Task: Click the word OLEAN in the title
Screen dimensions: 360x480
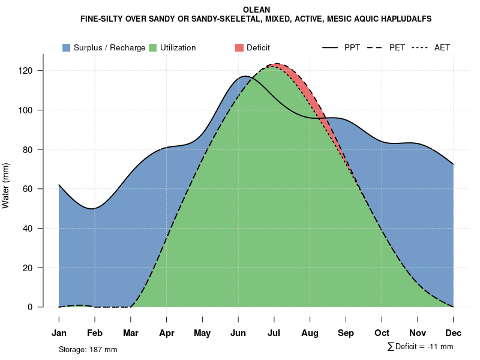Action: point(256,10)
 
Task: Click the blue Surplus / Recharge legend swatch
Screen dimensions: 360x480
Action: point(66,47)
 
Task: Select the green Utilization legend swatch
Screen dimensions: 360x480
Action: point(153,47)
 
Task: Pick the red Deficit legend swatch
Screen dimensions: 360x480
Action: point(239,47)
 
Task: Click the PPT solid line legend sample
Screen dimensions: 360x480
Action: point(331,47)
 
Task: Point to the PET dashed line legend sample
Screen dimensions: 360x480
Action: point(375,47)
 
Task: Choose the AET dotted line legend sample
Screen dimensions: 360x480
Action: point(419,47)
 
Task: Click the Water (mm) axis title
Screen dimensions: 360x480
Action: point(6,186)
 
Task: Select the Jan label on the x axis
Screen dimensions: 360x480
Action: point(59,333)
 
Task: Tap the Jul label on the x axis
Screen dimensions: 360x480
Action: point(274,333)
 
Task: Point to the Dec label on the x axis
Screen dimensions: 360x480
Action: point(454,333)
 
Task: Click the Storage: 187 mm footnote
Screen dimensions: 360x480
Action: point(88,349)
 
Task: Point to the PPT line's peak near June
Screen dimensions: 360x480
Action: point(245,76)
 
